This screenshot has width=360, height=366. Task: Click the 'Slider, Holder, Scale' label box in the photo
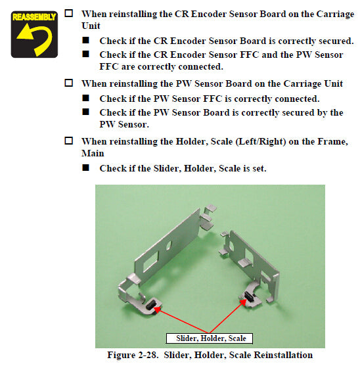click(211, 338)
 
